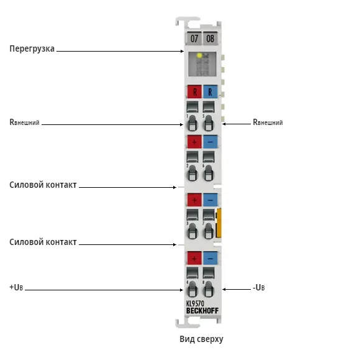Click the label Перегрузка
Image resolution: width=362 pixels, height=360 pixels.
coord(32,48)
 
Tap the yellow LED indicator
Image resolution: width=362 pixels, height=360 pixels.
coord(199,55)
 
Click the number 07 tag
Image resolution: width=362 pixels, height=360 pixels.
coord(194,39)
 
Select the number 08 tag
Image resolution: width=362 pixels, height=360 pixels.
coord(210,39)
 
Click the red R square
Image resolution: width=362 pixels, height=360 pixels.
coord(194,92)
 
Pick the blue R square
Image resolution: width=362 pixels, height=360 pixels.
coord(210,92)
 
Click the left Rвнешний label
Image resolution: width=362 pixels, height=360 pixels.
coord(24,122)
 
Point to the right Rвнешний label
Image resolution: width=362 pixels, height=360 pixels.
coord(268,122)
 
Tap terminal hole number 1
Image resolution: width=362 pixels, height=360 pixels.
coord(192,124)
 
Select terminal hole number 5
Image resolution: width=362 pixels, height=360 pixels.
coord(209,124)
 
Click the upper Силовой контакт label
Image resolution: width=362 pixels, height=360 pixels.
coord(43,185)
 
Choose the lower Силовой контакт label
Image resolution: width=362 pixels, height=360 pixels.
coord(43,242)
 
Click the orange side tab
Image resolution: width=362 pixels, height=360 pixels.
coord(219,223)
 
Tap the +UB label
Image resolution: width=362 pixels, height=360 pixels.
coord(16,287)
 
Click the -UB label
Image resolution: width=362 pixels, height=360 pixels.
coord(258,288)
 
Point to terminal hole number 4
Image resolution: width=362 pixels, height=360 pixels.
coord(192,289)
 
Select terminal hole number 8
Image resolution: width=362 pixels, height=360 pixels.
coord(209,289)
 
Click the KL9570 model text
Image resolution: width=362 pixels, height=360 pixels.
coord(195,303)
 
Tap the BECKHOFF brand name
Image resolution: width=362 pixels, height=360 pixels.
coord(202,311)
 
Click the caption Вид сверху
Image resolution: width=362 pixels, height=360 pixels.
coord(201,339)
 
